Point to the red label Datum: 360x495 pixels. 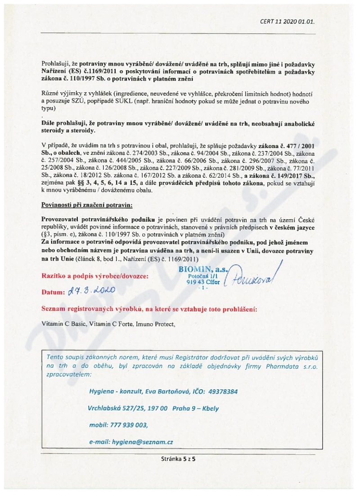click(53, 292)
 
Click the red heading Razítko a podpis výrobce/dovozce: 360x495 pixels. click(94, 275)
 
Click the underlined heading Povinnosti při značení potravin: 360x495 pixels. click(87, 205)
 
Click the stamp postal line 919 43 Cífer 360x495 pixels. click(203, 282)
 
